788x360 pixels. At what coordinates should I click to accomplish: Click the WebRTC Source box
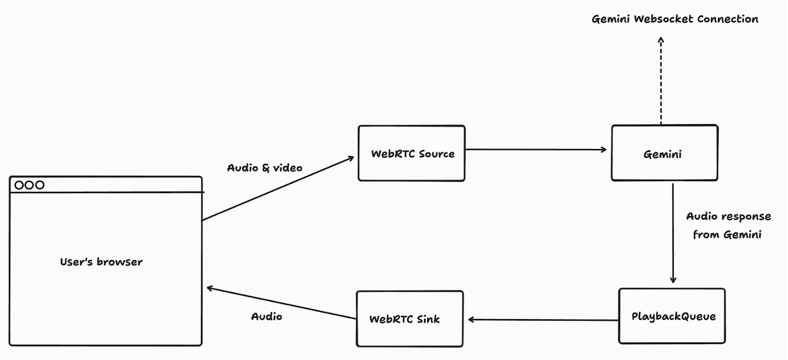(x=412, y=153)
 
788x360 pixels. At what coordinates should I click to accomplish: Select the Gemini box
(x=664, y=153)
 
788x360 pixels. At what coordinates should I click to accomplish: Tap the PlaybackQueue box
(x=672, y=316)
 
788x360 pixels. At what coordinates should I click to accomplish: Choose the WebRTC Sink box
(x=409, y=319)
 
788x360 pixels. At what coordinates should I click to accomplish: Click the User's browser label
(x=101, y=262)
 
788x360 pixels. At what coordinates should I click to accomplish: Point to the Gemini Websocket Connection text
(x=675, y=19)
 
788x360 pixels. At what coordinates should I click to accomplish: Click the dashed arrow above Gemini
(x=661, y=81)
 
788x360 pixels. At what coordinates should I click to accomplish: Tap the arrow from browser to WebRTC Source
(x=278, y=189)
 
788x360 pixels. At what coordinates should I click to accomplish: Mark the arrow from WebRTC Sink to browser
(x=281, y=303)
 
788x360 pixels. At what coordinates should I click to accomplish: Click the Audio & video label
(x=264, y=168)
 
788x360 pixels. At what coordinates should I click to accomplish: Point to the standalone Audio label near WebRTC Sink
(x=266, y=317)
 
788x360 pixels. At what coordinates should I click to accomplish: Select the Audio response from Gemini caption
(x=728, y=226)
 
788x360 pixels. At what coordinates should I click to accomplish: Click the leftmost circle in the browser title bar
(x=19, y=185)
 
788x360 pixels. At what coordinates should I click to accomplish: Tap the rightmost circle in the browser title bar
(x=40, y=185)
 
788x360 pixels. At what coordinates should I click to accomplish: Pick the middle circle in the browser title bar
(x=30, y=185)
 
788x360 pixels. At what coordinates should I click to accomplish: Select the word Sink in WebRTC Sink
(x=428, y=319)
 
